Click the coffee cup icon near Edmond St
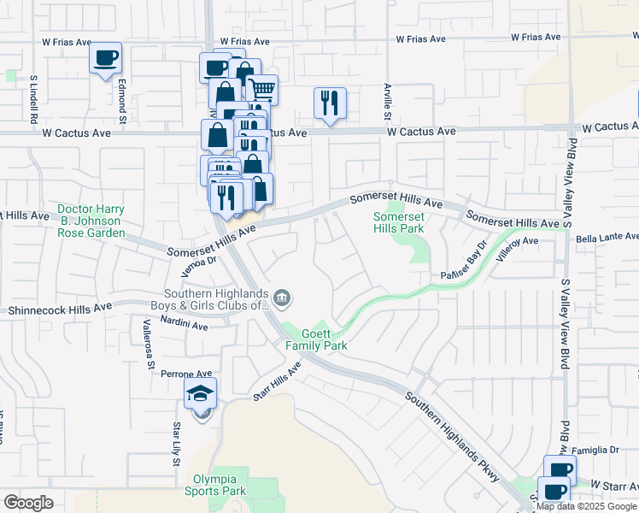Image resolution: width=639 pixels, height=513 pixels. [x=106, y=58]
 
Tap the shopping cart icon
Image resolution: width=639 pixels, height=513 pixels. [x=261, y=88]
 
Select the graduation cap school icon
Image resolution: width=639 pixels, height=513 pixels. [x=202, y=393]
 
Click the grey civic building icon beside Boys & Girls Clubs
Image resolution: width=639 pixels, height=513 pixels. [x=283, y=298]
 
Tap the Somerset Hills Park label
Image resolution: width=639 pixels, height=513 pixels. [x=398, y=222]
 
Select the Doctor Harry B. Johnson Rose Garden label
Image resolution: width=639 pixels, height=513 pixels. [x=91, y=221]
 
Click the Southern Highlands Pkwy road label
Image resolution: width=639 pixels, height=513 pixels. [x=453, y=436]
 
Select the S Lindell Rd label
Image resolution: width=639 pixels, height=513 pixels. [x=34, y=95]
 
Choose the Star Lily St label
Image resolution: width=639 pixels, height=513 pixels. [x=177, y=444]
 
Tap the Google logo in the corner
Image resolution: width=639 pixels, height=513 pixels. [x=28, y=503]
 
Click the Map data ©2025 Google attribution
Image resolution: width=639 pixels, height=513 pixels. [x=585, y=506]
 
